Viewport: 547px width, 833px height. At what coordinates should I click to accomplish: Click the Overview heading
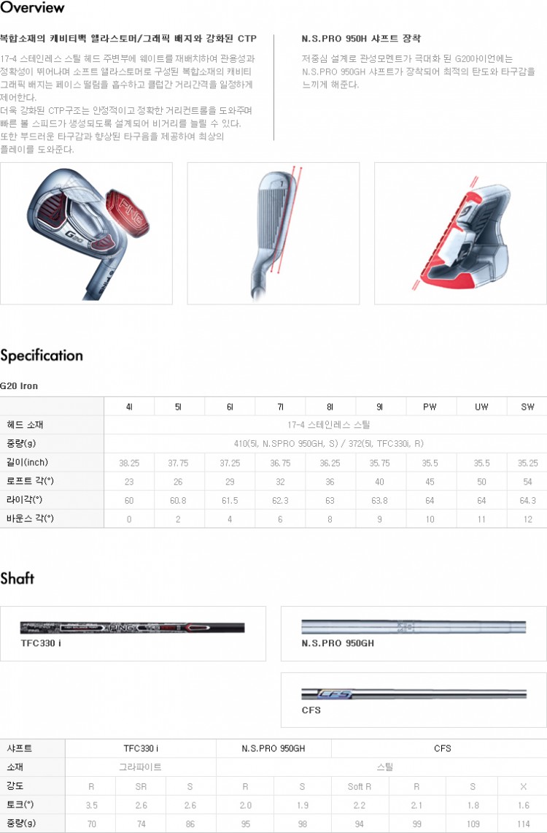click(x=32, y=8)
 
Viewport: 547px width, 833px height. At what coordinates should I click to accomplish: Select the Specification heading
click(x=42, y=356)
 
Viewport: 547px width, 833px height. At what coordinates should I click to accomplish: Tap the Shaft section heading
click(x=18, y=579)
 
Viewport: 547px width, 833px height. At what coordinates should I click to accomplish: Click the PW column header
click(x=430, y=407)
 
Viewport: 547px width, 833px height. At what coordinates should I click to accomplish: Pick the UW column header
click(x=481, y=407)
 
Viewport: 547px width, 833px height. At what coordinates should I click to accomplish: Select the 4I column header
click(x=129, y=407)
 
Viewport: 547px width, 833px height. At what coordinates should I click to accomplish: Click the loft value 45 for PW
click(x=430, y=481)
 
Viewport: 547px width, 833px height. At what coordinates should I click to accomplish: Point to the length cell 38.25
click(x=129, y=463)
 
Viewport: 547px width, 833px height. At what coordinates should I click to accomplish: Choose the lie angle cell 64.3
click(x=527, y=500)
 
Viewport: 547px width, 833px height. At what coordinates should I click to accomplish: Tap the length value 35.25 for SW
click(x=527, y=463)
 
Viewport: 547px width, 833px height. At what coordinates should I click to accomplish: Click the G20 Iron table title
click(x=19, y=386)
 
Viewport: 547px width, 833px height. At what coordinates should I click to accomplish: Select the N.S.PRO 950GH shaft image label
click(x=338, y=643)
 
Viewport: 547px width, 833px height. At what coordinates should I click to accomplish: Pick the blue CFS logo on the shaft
click(x=336, y=694)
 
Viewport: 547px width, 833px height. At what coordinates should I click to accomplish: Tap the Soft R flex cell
click(x=360, y=786)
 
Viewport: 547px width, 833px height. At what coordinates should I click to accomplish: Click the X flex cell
click(x=523, y=786)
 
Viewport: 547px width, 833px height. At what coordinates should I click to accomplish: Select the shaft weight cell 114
click(x=523, y=824)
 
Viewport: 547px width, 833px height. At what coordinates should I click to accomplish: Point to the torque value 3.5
click(x=91, y=805)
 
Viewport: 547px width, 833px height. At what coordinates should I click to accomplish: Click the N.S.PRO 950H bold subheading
click(x=360, y=38)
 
